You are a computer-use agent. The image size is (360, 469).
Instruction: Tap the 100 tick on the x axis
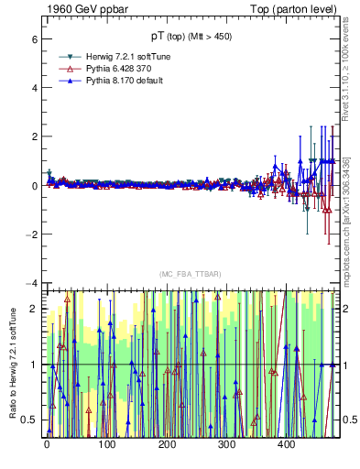[106, 444]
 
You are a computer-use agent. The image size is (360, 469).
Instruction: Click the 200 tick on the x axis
[166, 444]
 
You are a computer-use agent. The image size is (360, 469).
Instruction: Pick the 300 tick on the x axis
[226, 444]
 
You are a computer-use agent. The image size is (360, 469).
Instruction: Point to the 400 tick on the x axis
[286, 444]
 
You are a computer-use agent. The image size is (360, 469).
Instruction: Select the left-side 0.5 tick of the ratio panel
[30, 420]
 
